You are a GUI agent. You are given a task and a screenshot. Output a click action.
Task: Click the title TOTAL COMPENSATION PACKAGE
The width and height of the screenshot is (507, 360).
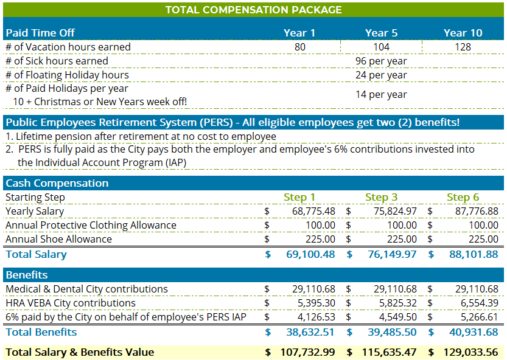click(x=253, y=10)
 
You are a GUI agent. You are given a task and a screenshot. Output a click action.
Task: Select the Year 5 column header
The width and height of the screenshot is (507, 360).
click(x=381, y=33)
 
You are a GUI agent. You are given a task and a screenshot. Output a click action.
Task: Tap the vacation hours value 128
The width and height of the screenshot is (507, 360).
click(x=463, y=47)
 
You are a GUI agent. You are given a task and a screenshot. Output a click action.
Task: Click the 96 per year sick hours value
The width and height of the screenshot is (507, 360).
click(x=381, y=61)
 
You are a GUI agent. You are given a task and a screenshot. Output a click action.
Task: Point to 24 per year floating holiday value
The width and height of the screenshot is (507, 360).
click(x=381, y=75)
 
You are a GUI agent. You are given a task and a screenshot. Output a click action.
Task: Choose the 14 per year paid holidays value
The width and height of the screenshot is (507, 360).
click(x=381, y=94)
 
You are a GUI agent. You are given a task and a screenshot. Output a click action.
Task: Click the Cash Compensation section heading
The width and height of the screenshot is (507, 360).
click(x=57, y=183)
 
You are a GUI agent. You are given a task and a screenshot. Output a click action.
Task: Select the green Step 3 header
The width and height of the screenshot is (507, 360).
click(x=381, y=197)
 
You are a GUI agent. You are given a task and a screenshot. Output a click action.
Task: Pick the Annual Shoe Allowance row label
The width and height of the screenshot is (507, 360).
click(x=59, y=239)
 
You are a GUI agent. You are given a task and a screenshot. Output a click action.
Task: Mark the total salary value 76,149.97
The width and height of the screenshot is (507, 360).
click(x=392, y=254)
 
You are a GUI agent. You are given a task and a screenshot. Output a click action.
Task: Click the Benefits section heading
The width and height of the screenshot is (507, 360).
click(x=26, y=275)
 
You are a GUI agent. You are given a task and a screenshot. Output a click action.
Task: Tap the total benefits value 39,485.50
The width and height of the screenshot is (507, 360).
click(x=392, y=332)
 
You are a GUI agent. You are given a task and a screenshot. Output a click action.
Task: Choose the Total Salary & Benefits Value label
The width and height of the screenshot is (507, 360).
click(x=80, y=352)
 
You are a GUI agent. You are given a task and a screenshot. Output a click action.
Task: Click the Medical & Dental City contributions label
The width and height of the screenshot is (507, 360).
click(x=86, y=289)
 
